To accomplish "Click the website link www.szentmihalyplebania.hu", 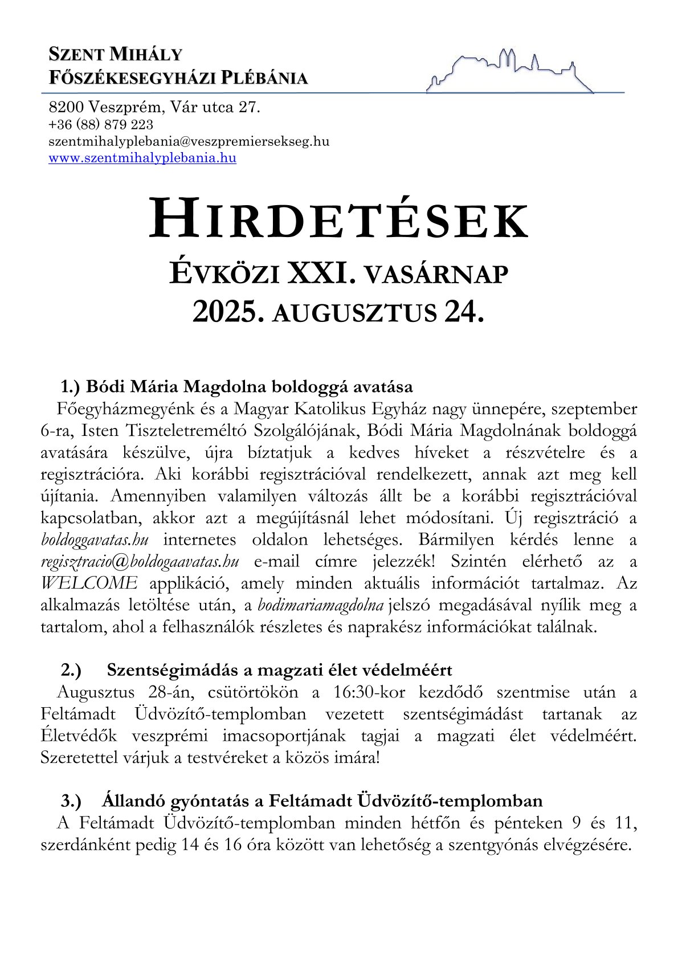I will coord(142,158).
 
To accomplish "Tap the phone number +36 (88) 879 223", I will coord(101,124).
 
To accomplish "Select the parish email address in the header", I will coord(189,141).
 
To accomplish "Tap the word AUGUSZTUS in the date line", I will coord(354,313).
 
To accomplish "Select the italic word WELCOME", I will coord(89,583).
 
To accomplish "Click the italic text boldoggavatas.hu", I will coord(95,540).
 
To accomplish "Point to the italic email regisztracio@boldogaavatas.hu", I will coord(140,561).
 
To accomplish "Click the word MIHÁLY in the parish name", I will coord(146,55).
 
